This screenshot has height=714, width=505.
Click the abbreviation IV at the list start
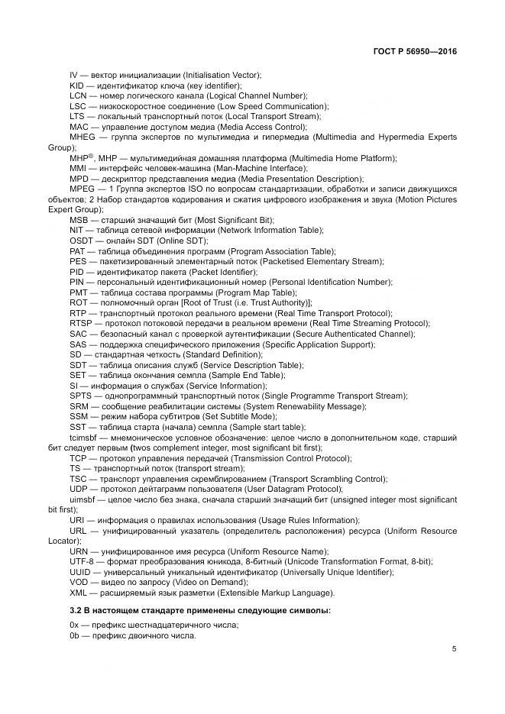click(73, 74)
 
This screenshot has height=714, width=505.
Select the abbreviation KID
click(77, 85)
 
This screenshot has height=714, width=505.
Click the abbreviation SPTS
click(81, 396)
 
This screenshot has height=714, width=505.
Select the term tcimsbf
click(84, 438)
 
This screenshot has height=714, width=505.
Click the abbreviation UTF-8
click(82, 562)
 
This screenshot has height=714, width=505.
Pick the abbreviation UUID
click(80, 572)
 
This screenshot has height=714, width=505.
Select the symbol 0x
click(74, 625)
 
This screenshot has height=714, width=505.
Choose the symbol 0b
click(74, 635)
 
